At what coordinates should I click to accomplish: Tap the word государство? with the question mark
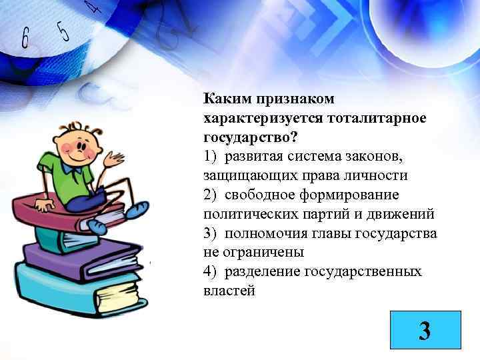tap(251, 137)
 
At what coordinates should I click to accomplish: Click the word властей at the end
tap(229, 291)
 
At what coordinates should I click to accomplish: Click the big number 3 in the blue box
tap(424, 332)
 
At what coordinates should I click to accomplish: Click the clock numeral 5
tap(63, 30)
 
